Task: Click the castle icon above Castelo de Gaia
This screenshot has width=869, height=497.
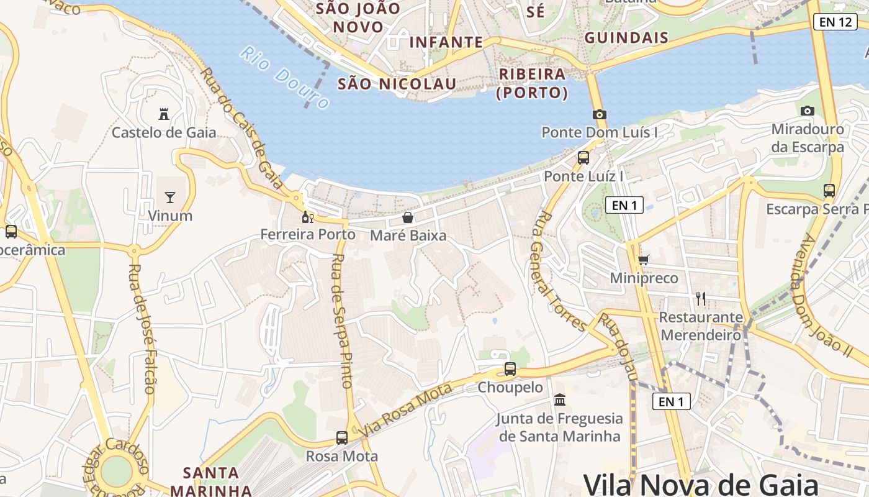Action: [164, 114]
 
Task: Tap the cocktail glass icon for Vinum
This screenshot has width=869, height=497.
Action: [170, 198]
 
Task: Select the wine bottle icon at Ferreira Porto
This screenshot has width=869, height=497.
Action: [307, 217]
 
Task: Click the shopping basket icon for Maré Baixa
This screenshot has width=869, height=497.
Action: [408, 217]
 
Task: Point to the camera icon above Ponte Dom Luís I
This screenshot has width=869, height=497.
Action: [599, 114]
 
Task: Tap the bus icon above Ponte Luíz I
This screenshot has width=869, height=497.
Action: [583, 158]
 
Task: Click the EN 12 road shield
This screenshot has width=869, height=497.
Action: [835, 22]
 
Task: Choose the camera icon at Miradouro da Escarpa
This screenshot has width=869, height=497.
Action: [807, 111]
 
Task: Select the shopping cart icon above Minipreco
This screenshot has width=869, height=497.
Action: [644, 259]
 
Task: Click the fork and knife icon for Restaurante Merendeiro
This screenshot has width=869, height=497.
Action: [701, 299]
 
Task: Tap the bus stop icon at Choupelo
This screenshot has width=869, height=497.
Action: [510, 369]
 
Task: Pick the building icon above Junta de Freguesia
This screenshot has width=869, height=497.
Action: [560, 399]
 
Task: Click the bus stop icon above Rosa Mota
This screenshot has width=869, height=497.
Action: [341, 437]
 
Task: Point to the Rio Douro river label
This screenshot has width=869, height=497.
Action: [284, 77]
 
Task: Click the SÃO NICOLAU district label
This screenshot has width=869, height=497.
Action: [397, 84]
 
